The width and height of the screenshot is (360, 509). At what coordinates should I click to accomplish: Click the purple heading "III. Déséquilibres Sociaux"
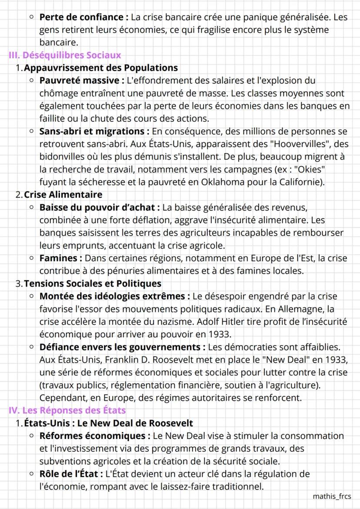65,56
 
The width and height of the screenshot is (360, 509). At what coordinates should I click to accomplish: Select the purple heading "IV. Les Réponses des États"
67,410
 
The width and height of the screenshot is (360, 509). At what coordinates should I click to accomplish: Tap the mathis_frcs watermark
332,496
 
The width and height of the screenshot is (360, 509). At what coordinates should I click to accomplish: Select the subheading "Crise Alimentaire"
63,194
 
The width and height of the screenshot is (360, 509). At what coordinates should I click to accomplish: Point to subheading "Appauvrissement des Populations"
100,68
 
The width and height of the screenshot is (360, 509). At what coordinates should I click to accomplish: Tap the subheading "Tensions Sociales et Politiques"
92,283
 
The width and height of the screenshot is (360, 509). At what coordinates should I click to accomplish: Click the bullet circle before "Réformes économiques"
32,436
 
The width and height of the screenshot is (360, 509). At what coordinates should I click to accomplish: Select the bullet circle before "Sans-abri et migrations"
32,131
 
